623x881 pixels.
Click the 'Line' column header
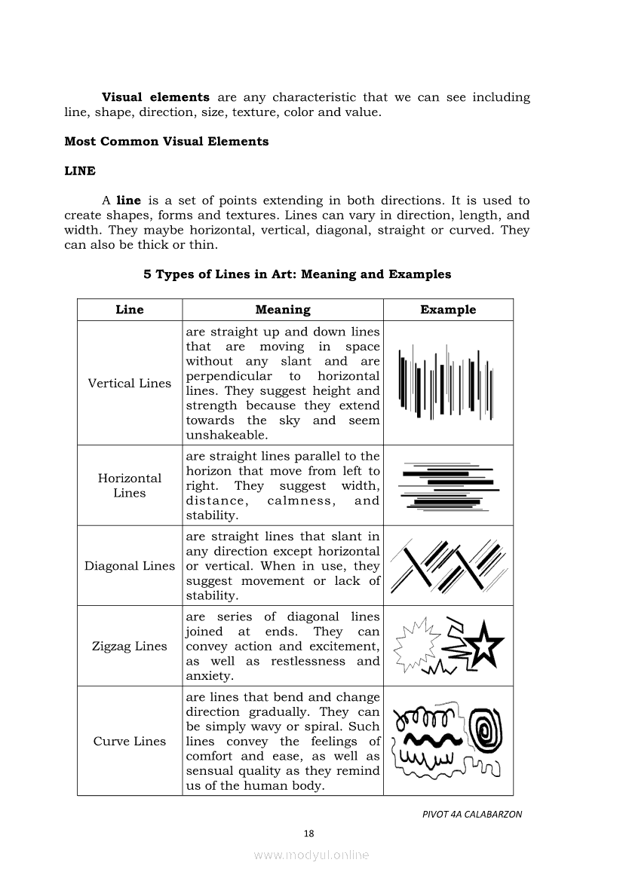130,310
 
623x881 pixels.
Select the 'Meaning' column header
283,310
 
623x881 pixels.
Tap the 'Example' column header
448,310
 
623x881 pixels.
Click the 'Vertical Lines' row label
130,383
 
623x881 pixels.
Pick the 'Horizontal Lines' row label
130,485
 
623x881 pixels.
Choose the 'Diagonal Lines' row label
130,566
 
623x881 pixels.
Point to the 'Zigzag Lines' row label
130,646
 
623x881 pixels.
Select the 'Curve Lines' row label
130,741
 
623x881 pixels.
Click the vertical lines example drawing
448,381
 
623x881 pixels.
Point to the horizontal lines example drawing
448,486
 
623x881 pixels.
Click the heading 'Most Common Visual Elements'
166,142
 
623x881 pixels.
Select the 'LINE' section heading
80,171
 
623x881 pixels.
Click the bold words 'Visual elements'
155,97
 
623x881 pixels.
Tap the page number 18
308,833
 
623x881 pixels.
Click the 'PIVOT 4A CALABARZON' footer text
471,814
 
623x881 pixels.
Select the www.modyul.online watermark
311,855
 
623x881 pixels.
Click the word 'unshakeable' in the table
226,436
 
